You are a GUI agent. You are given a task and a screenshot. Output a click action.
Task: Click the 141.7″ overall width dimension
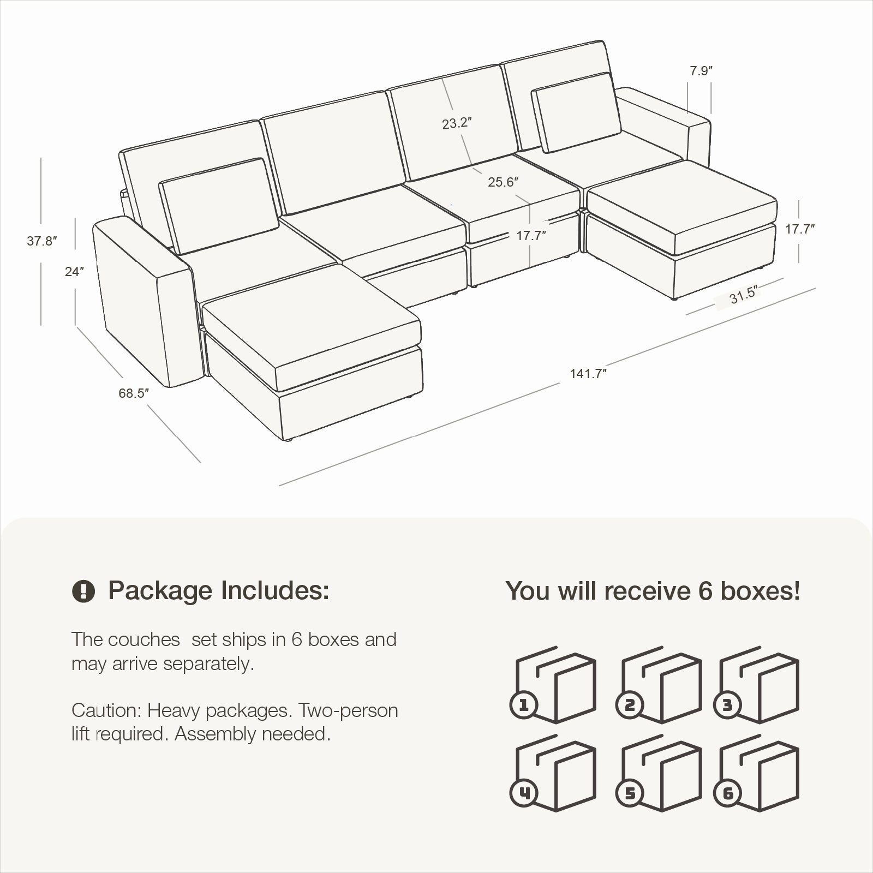[588, 374]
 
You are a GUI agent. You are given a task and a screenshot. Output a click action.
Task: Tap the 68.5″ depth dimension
[133, 393]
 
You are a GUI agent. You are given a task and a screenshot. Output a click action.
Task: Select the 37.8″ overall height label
[42, 241]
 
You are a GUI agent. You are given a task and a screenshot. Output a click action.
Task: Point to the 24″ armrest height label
[74, 271]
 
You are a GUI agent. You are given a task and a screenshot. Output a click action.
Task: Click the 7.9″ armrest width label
[701, 71]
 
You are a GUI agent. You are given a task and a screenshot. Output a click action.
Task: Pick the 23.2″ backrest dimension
[457, 123]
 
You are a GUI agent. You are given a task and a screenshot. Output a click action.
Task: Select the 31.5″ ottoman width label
[744, 295]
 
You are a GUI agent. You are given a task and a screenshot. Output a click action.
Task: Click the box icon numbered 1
[553, 685]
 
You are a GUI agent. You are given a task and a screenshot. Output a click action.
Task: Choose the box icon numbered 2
[659, 685]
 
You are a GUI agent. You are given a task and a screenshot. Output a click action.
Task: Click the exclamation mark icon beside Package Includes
[83, 590]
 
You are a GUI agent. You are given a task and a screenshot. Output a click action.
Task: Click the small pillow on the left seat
[219, 206]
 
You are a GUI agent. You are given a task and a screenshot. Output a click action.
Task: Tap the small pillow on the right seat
[576, 112]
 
